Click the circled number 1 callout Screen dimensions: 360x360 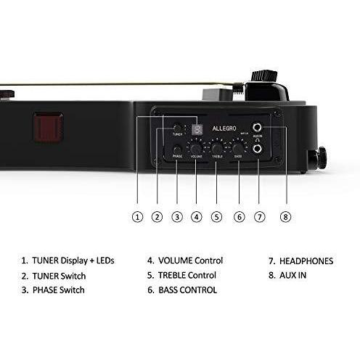pyautogui.click(x=137, y=217)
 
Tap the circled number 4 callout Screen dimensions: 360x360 pyautogui.click(x=197, y=217)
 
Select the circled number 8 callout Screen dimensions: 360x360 pyautogui.click(x=285, y=217)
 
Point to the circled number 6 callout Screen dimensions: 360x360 pyautogui.click(x=240, y=217)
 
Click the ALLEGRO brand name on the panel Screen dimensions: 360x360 pyautogui.click(x=224, y=128)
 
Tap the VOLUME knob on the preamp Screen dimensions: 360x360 pyautogui.click(x=196, y=149)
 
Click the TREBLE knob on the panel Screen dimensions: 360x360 pyautogui.click(x=217, y=148)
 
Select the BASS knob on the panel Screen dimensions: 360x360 pyautogui.click(x=238, y=148)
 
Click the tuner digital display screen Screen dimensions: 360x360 pyautogui.click(x=197, y=129)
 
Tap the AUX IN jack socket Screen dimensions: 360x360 pyautogui.click(x=257, y=127)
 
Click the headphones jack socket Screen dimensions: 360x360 pyautogui.click(x=257, y=149)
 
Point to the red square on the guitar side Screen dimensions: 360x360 pyautogui.click(x=49, y=127)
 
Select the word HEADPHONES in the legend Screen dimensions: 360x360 pyautogui.click(x=306, y=261)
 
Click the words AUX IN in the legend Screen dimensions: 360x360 pyautogui.click(x=292, y=275)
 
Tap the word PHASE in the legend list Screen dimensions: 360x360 pyautogui.click(x=45, y=290)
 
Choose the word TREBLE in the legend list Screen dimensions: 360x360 pyautogui.click(x=172, y=275)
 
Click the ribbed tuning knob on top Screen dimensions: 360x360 pyautogui.click(x=264, y=75)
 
